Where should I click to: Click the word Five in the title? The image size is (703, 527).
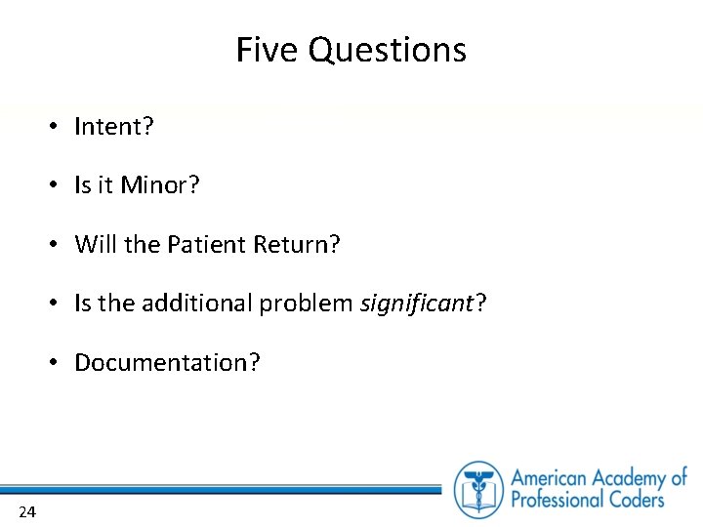(269, 50)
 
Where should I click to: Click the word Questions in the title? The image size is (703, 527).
(388, 51)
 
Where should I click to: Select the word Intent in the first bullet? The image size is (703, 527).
(110, 127)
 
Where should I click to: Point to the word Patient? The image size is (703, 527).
(209, 244)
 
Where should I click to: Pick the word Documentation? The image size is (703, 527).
(162, 363)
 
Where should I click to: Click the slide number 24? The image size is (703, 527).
(26, 512)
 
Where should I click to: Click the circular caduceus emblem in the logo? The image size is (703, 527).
(479, 489)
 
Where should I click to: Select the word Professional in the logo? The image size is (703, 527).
(559, 501)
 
